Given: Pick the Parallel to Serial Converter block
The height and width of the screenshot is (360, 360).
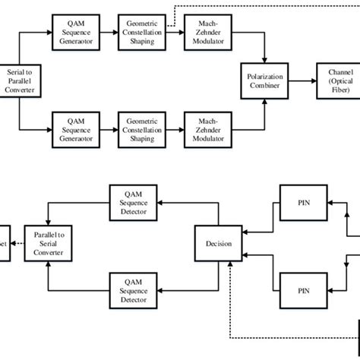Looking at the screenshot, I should pyautogui.click(x=48, y=243).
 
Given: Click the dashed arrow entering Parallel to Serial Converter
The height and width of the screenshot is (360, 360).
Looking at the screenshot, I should pyautogui.click(x=17, y=243).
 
